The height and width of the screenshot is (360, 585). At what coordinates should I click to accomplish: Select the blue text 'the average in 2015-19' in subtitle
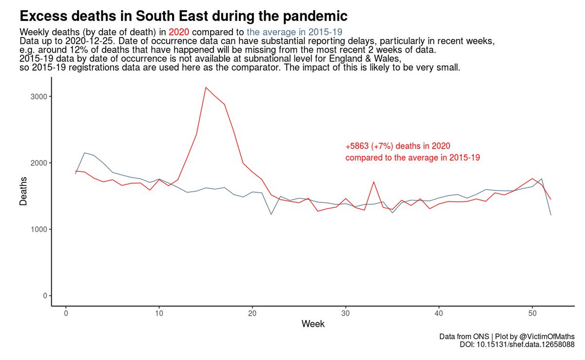pos(294,33)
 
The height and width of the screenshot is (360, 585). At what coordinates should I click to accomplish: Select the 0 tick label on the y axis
pos(44,296)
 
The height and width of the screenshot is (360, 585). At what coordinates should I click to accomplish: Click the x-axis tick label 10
pos(159,313)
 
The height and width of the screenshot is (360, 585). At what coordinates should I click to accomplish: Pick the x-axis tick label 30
pos(346,313)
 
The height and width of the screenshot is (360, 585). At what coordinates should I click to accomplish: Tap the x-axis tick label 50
pos(532,313)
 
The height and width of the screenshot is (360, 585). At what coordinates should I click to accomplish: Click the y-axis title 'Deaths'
pos(23,197)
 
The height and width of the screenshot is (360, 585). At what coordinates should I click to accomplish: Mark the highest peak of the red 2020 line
pos(206,87)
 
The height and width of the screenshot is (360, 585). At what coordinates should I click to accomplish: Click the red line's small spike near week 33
pos(373,182)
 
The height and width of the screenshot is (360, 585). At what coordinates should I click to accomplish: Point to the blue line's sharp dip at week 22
pos(271,214)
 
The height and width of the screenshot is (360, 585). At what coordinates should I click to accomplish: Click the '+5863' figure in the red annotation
pos(357,146)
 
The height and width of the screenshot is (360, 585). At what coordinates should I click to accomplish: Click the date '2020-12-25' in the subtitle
pos(86,41)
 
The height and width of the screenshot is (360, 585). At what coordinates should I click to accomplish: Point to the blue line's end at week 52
pos(551,215)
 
